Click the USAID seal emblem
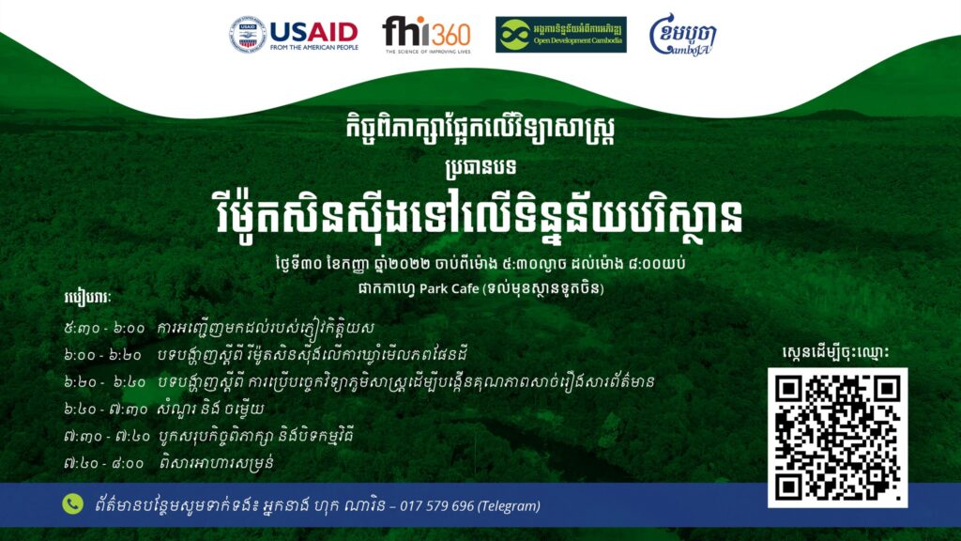[x=248, y=35]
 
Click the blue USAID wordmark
[x=313, y=31]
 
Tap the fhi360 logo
[x=427, y=35]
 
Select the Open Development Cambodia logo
[x=561, y=35]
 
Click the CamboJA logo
[x=682, y=35]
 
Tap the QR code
[x=837, y=438]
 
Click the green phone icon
[x=73, y=504]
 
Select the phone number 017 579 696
[x=437, y=506]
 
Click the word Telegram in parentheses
[x=510, y=506]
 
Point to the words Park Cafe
[x=449, y=288]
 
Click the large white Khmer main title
[x=480, y=215]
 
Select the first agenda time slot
[x=104, y=329]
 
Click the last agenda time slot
[x=103, y=463]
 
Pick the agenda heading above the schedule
[x=87, y=299]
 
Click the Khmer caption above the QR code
[x=835, y=353]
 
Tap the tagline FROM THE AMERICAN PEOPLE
[x=313, y=47]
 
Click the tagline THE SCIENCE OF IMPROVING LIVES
[x=428, y=52]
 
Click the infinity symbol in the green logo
[x=515, y=35]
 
